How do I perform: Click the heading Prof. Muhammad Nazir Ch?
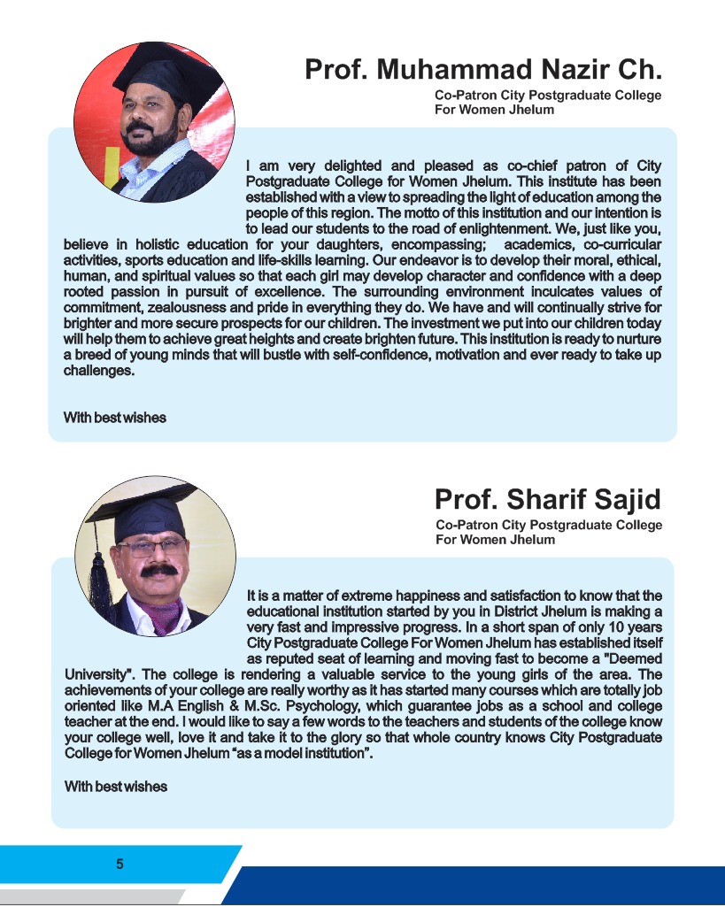point(483,69)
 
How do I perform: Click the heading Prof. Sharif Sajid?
point(547,499)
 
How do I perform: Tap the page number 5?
point(120,864)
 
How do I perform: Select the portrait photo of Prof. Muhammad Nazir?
point(154,122)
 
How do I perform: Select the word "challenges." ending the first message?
point(99,371)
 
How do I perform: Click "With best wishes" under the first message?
point(115,418)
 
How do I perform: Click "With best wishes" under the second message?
point(116,786)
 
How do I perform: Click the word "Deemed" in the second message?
point(632,659)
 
